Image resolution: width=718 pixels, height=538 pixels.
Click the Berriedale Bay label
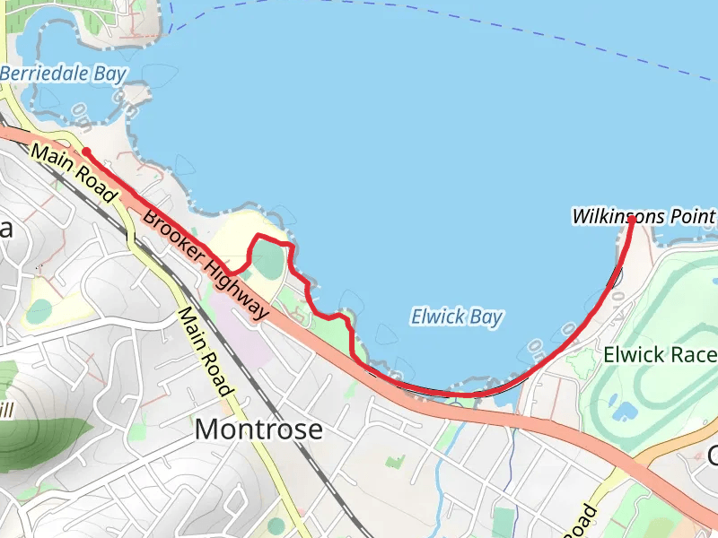point(63,74)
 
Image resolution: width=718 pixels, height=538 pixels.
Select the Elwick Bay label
point(456,317)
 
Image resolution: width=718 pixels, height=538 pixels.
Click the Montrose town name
point(258,430)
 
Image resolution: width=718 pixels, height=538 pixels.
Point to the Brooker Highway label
point(206,265)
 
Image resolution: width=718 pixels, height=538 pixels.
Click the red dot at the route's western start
point(86,152)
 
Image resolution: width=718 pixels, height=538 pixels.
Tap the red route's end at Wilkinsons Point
point(633,219)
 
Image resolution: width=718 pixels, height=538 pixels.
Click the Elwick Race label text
point(660,354)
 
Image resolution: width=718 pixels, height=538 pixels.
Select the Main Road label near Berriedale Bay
point(74,171)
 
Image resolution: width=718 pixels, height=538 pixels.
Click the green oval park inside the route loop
point(267,261)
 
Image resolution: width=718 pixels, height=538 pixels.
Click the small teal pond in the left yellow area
point(39,311)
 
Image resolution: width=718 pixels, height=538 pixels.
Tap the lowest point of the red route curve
point(458,394)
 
